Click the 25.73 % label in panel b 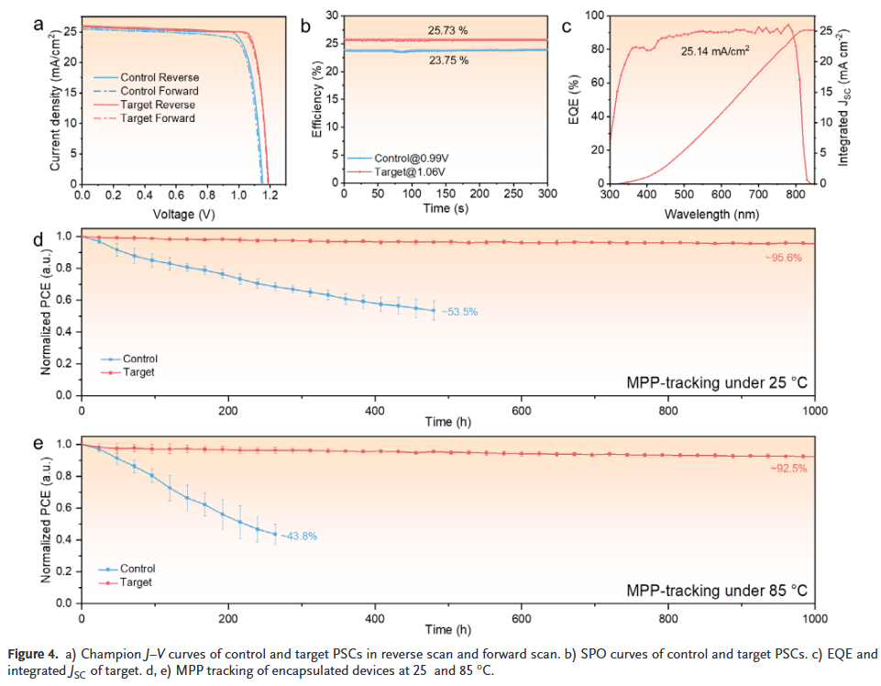click(x=447, y=30)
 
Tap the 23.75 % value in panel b click(x=447, y=62)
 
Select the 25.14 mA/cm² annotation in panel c click(x=715, y=52)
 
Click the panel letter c click(x=567, y=26)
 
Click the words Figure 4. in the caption click(x=35, y=654)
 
